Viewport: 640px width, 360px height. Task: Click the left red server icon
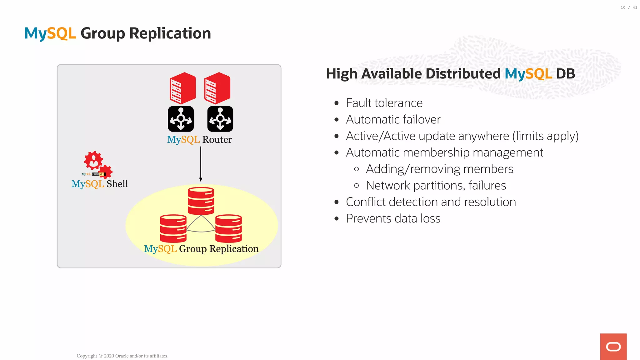tap(182, 88)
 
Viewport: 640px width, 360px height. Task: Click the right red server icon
tap(217, 88)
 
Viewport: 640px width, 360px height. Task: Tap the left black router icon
tap(181, 119)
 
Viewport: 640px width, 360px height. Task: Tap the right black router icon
tap(220, 119)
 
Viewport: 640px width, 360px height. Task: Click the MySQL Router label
tap(200, 140)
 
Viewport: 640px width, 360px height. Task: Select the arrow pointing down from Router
tap(201, 164)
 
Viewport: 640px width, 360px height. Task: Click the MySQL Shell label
tap(100, 184)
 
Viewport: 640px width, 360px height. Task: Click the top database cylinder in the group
tap(201, 201)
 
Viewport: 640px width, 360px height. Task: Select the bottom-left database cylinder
tap(173, 228)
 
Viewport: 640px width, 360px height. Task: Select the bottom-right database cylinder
tap(228, 228)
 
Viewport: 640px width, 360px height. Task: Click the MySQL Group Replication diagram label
tap(201, 249)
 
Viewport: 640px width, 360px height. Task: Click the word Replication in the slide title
tap(170, 33)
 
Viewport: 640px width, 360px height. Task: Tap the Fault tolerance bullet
tap(384, 103)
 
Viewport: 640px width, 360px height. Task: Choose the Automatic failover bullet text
tap(393, 120)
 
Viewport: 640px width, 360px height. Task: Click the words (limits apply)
tap(545, 136)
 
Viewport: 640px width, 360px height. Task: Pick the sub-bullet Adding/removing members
tap(439, 169)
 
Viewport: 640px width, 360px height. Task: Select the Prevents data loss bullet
tap(393, 218)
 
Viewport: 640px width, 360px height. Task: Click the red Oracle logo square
tap(613, 347)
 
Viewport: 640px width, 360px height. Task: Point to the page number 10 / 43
tap(629, 7)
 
